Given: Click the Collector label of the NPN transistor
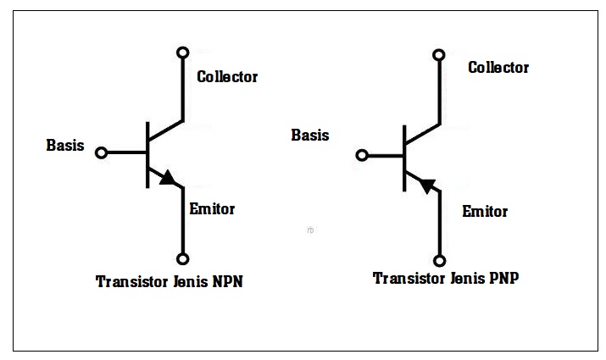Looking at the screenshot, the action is click(x=227, y=76).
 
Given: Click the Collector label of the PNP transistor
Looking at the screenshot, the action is click(x=498, y=67).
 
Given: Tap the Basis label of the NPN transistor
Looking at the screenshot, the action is click(x=65, y=145).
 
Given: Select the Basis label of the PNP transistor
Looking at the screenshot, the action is click(x=310, y=136).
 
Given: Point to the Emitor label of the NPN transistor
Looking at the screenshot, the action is click(x=212, y=209).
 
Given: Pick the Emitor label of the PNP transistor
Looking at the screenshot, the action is click(x=485, y=211).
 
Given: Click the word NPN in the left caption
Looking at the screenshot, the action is click(x=228, y=281).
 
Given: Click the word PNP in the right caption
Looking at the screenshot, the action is click(x=504, y=278).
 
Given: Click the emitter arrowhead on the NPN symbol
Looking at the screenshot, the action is click(x=168, y=178).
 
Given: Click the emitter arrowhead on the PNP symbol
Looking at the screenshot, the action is click(x=426, y=186).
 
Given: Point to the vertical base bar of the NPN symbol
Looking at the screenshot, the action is click(x=147, y=155).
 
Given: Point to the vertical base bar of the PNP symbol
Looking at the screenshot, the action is click(x=404, y=158).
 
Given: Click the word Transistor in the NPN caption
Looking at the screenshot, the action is click(x=131, y=281).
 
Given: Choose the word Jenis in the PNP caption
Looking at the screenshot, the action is click(x=467, y=278).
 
